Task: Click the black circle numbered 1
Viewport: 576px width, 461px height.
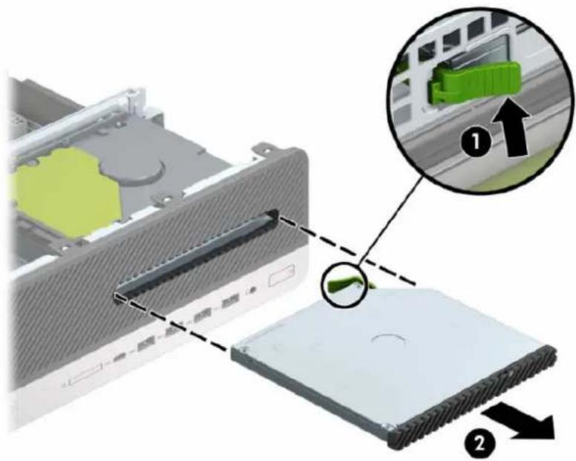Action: click(x=476, y=141)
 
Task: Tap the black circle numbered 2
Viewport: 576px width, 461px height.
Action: click(x=479, y=444)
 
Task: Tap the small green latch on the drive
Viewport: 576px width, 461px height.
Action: click(x=345, y=282)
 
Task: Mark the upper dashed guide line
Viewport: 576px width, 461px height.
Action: click(x=348, y=250)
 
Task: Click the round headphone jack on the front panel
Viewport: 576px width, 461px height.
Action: click(x=252, y=290)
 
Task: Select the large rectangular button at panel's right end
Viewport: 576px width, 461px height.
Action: click(x=281, y=275)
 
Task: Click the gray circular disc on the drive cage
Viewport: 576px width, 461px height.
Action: click(x=144, y=163)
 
